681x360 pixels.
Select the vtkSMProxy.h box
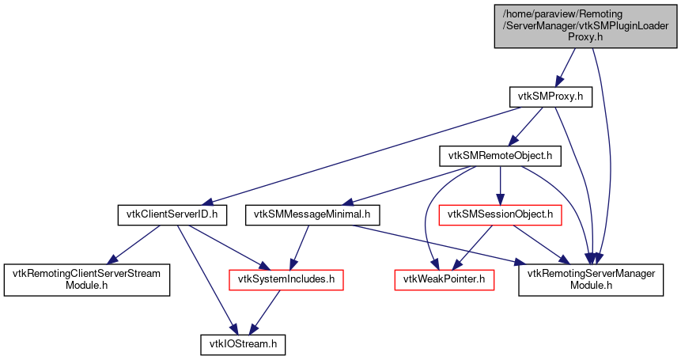point(550,97)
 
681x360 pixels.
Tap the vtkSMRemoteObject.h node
point(500,156)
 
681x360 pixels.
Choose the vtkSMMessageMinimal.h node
point(313,214)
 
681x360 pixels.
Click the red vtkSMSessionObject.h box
point(500,214)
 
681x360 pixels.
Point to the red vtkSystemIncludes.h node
point(286,279)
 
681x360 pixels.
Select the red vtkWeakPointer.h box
point(445,279)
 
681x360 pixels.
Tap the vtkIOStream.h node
point(242,345)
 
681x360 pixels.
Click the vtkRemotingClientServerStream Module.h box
point(88,279)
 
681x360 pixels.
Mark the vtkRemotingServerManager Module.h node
point(590,279)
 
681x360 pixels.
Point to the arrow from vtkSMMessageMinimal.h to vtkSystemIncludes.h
point(301,246)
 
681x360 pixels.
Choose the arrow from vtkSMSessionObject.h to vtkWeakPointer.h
point(473,246)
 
